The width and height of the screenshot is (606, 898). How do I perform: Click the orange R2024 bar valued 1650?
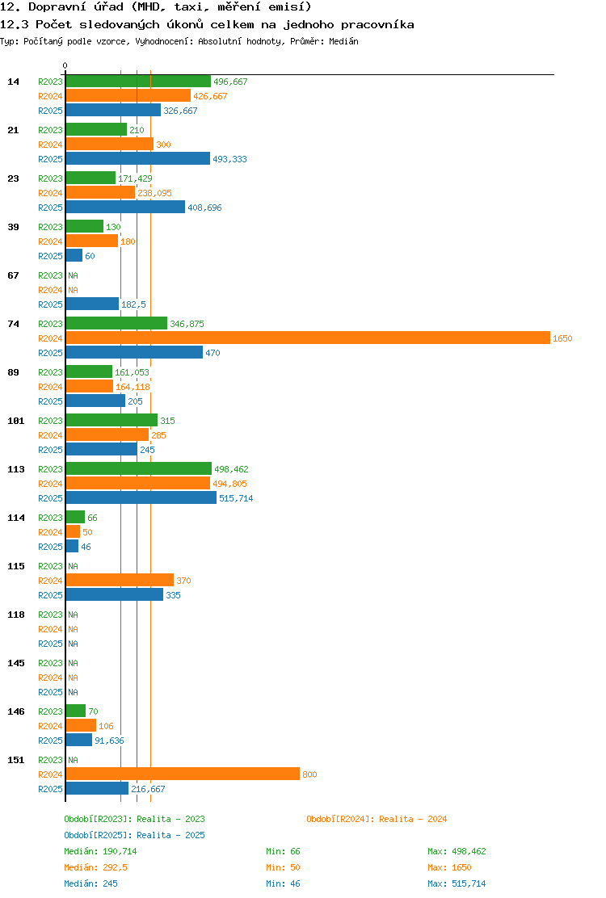(x=308, y=338)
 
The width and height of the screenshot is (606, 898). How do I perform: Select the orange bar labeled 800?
(x=183, y=774)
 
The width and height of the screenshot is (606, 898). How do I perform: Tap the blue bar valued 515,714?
(x=141, y=497)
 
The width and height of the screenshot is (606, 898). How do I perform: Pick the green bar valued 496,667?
(x=139, y=82)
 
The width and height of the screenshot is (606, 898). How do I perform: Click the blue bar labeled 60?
(x=74, y=255)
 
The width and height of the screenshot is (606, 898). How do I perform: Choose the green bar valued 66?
(x=76, y=517)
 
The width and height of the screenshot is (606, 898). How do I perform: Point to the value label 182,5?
(x=133, y=304)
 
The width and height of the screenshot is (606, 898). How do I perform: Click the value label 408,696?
(x=204, y=208)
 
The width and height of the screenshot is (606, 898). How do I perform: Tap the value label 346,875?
(x=187, y=324)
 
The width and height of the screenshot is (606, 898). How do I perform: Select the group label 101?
(x=16, y=421)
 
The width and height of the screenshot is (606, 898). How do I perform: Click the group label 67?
(x=13, y=275)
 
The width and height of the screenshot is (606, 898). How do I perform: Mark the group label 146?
(x=16, y=711)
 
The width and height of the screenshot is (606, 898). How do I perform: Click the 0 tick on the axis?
(x=65, y=66)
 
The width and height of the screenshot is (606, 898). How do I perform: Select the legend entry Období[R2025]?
(x=98, y=835)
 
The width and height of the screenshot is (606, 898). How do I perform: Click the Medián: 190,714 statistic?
(x=100, y=851)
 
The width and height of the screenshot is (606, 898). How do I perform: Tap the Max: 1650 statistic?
(x=449, y=867)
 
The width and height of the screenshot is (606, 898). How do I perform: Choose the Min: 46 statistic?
(x=283, y=883)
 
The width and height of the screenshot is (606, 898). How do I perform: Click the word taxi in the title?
(x=188, y=7)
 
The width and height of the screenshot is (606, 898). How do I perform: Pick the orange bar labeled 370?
(x=120, y=580)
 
